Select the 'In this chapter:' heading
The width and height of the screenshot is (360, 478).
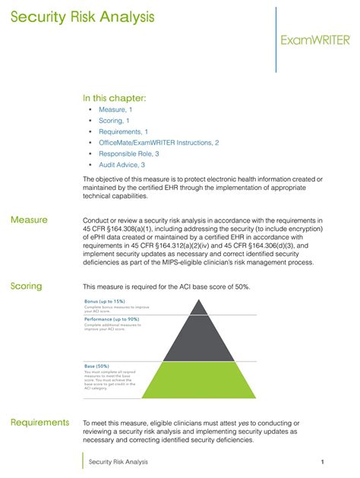click(114, 98)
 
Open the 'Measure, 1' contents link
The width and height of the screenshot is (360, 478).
click(115, 109)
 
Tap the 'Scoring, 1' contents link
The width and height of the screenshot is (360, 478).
click(114, 120)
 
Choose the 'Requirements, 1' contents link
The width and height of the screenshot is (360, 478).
click(123, 131)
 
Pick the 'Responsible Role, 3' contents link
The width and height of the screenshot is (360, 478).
click(128, 154)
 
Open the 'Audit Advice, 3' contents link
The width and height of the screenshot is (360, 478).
click(122, 164)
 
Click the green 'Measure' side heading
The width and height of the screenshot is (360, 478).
click(29, 220)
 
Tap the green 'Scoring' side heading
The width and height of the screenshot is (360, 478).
click(27, 286)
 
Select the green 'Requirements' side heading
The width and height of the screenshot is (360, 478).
click(39, 423)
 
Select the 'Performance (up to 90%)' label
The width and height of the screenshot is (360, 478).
click(112, 319)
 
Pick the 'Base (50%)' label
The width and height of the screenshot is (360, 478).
click(97, 366)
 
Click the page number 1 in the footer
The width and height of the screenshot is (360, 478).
click(323, 461)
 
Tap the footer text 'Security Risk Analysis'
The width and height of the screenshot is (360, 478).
click(118, 461)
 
